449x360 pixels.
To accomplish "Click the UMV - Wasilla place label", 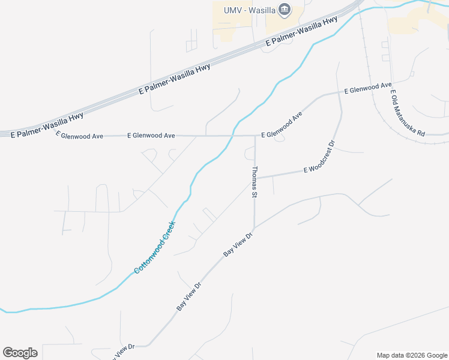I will point(250,10).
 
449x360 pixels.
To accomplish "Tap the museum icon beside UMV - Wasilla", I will point(285,9).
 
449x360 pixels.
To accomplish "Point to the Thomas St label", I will point(255,182).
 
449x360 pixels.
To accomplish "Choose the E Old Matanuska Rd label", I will point(408,114).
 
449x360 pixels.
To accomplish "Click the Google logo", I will point(20,352).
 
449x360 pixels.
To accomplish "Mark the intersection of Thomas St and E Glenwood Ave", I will point(255,136).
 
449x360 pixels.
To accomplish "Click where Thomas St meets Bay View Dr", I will point(255,228).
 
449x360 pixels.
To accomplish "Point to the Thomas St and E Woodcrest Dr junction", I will point(255,178).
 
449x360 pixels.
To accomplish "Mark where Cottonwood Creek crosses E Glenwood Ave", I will point(231,136).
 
